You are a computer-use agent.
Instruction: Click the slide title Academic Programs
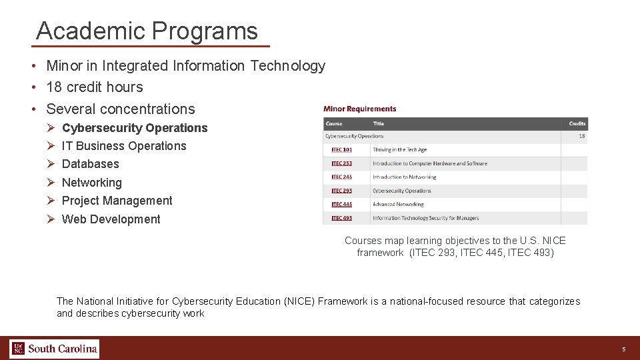[x=147, y=31]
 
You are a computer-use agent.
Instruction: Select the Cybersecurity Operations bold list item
[x=134, y=128]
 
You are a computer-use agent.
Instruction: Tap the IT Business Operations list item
[x=124, y=146]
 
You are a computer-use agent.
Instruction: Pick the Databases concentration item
[x=90, y=164]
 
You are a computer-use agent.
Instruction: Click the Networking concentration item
[x=91, y=183]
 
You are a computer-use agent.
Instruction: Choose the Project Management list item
[x=117, y=201]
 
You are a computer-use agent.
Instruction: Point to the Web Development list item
[x=111, y=219]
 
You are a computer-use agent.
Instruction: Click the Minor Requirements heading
[x=359, y=109]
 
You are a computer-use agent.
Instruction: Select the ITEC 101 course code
[x=341, y=150]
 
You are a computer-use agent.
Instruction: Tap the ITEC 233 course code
[x=341, y=163]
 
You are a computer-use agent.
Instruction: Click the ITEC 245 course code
[x=341, y=177]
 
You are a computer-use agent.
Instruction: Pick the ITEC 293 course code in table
[x=341, y=191]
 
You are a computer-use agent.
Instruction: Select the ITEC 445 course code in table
[x=341, y=205]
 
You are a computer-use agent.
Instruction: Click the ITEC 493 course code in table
[x=341, y=218]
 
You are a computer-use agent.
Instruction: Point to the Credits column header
[x=577, y=123]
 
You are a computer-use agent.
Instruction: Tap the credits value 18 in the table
[x=581, y=136]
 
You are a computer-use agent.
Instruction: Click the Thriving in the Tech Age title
[x=399, y=150]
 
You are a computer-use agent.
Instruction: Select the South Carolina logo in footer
[x=55, y=349]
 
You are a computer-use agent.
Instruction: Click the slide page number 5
[x=623, y=349]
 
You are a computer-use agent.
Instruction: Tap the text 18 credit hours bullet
[x=94, y=87]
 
